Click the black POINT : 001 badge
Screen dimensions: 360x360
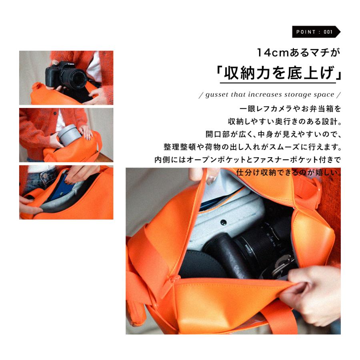point(316,32)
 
